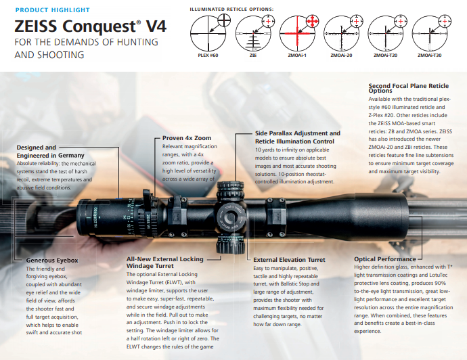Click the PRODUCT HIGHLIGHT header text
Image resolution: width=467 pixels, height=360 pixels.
coord(52,10)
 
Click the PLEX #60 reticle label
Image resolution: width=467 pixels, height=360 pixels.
coord(208,55)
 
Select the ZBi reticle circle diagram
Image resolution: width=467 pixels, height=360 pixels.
coord(253,34)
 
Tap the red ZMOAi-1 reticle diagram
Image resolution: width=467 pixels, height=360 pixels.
coord(297,34)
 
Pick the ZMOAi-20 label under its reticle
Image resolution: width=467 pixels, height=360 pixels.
coord(341,55)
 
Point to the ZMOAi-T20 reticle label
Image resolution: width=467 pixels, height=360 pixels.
coord(385,55)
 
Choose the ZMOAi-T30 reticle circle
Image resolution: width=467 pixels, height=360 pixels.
coord(430,34)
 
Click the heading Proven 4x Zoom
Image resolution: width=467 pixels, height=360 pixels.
coord(187,138)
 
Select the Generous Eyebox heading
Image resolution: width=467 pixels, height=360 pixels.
coord(52,261)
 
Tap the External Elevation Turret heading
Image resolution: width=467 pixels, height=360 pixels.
coord(289,260)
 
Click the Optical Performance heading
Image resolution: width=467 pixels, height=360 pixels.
coord(385,259)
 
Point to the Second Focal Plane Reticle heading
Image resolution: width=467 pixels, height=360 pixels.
coord(408,88)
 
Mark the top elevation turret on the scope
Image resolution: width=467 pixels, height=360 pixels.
coord(230,191)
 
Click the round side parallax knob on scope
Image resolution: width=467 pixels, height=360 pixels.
coord(231,218)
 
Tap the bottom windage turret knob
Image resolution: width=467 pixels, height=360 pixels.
coord(230,244)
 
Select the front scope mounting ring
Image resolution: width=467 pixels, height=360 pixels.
coord(276,217)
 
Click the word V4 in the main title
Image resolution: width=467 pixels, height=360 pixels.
coord(156,26)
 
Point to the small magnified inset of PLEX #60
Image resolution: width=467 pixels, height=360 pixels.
coord(224,20)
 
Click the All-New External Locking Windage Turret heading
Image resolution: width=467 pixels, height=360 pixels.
coord(165,263)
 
